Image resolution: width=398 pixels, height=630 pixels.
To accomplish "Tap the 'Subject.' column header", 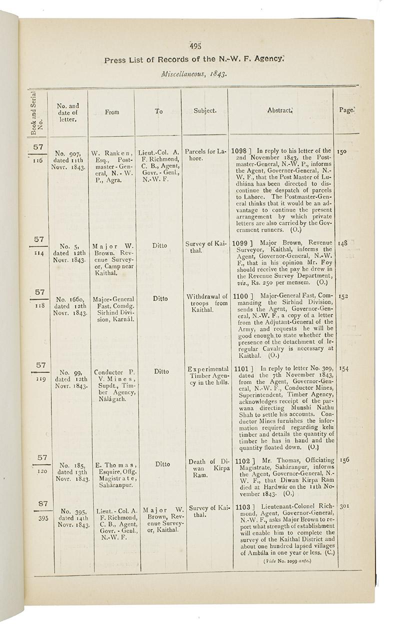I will pyautogui.click(x=204, y=111).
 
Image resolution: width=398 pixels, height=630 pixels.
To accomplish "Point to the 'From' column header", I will pyautogui.click(x=112, y=112).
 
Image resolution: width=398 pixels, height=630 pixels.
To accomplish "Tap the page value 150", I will pyautogui.click(x=342, y=150).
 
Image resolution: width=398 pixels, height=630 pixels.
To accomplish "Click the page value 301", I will pyautogui.click(x=344, y=505).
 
